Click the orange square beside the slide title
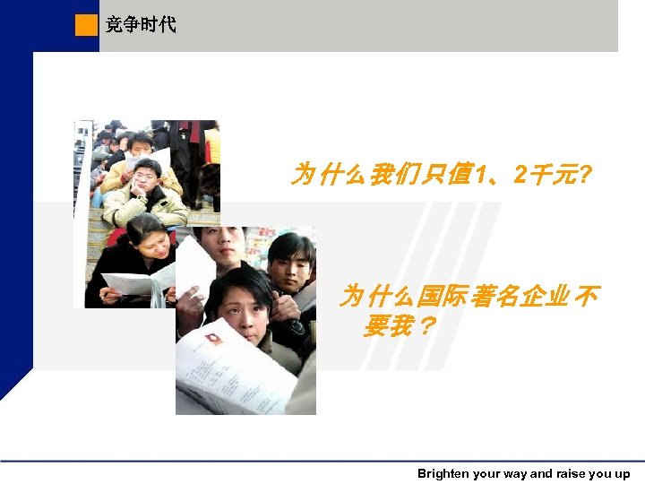[87, 25]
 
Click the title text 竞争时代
[141, 25]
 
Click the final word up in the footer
[622, 474]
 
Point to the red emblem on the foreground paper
[213, 340]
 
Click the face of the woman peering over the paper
[240, 303]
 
